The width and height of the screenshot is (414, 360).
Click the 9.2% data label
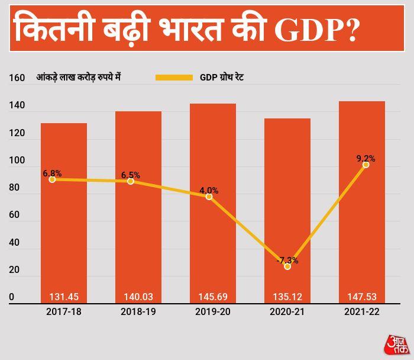coord(366,158)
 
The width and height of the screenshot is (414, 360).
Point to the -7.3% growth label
coord(287,260)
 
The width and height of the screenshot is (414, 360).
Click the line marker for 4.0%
coord(209,197)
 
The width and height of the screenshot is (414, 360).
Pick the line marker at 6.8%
coord(52,179)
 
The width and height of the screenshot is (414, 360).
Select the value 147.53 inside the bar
coord(362,297)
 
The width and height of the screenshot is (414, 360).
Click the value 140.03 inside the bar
coord(138,297)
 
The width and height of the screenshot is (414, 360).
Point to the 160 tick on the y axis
coord(17,78)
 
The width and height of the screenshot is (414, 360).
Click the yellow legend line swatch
coord(174,78)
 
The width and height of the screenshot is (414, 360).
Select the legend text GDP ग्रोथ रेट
coord(222,78)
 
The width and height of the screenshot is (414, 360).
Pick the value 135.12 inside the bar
coord(287,297)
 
